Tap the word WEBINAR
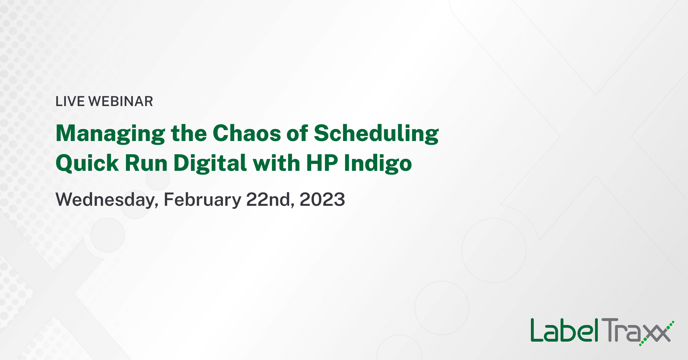point(121,101)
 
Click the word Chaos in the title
point(247,133)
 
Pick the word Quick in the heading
point(87,163)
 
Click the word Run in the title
point(146,163)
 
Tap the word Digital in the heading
point(210,163)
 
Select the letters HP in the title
point(322,163)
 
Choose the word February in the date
point(202,200)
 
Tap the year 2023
point(322,199)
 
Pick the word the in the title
point(189,133)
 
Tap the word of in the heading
point(297,133)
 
